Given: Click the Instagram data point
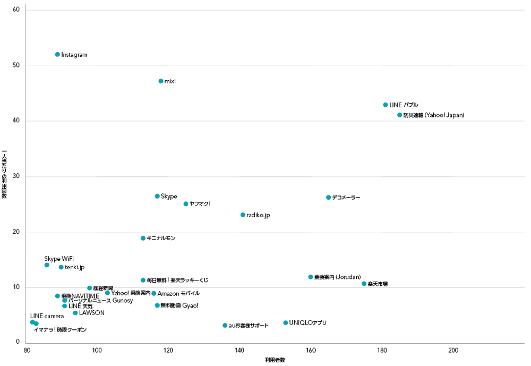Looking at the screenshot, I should (57, 54).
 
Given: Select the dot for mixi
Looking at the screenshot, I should (161, 81).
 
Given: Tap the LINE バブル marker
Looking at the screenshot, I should (386, 105).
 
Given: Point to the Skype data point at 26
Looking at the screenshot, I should (157, 196).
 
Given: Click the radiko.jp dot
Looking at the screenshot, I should (243, 215).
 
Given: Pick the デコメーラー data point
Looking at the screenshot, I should (328, 197).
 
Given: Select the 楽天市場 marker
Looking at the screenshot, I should (364, 284).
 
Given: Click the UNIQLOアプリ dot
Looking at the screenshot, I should (286, 322).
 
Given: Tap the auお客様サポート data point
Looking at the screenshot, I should (225, 325).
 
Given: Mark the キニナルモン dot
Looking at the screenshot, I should (143, 238).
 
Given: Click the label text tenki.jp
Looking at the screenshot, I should (74, 267).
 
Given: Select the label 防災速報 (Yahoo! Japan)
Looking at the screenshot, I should (433, 115).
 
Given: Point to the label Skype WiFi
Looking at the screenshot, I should (59, 258).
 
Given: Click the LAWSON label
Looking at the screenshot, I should (91, 313).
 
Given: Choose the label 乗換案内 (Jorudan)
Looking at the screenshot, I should (337, 277).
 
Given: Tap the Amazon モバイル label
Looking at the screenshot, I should (178, 293).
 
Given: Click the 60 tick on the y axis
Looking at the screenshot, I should (16, 10).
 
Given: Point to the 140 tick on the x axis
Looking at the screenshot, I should (239, 350).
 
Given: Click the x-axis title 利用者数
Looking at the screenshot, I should (275, 360).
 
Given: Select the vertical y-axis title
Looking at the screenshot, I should (4, 175).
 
